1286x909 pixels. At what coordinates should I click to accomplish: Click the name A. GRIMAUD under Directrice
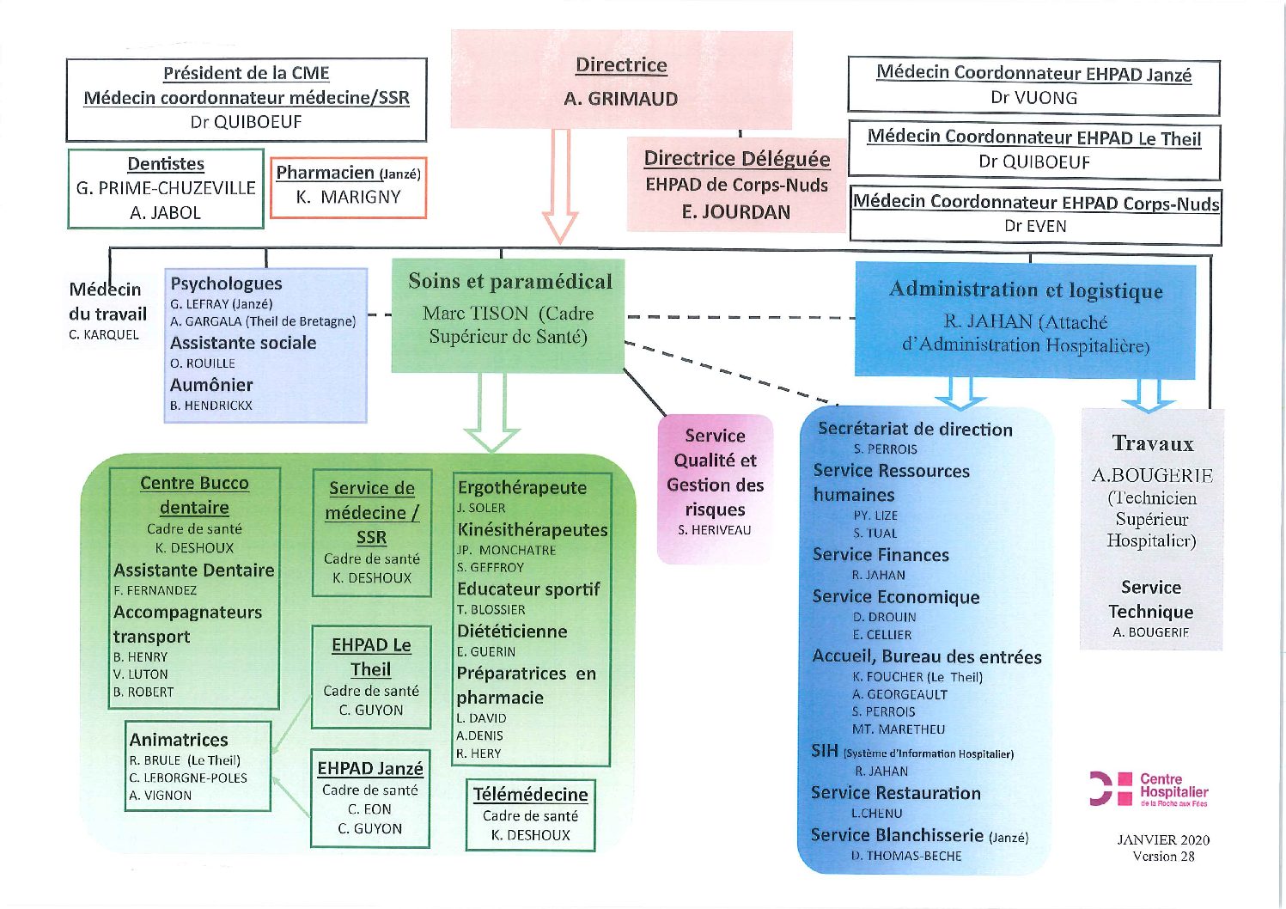[x=620, y=99]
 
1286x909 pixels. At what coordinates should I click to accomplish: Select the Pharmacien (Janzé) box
[x=348, y=188]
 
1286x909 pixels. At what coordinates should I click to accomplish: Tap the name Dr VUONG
[x=1033, y=98]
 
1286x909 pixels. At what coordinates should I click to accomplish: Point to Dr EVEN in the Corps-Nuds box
[x=1035, y=226]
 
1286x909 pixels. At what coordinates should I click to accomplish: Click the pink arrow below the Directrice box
[x=560, y=185]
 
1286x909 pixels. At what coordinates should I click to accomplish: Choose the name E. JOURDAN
[x=736, y=212]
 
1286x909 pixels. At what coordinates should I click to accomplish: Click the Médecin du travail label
[x=107, y=302]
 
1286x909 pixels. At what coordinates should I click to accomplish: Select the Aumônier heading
[x=211, y=385]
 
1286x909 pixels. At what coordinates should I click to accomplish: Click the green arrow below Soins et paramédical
[x=492, y=412]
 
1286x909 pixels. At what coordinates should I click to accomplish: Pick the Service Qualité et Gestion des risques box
[x=715, y=489]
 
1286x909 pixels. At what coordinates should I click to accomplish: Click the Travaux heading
[x=1152, y=443]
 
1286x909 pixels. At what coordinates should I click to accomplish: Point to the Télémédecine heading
[x=531, y=795]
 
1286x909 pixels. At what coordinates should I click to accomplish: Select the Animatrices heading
[x=179, y=740]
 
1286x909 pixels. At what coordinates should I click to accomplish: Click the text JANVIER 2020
[x=1163, y=840]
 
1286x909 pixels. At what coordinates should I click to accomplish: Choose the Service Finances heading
[x=881, y=555]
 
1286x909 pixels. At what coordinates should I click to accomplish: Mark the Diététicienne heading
[x=512, y=631]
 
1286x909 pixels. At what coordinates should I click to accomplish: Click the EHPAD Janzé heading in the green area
[x=370, y=768]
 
